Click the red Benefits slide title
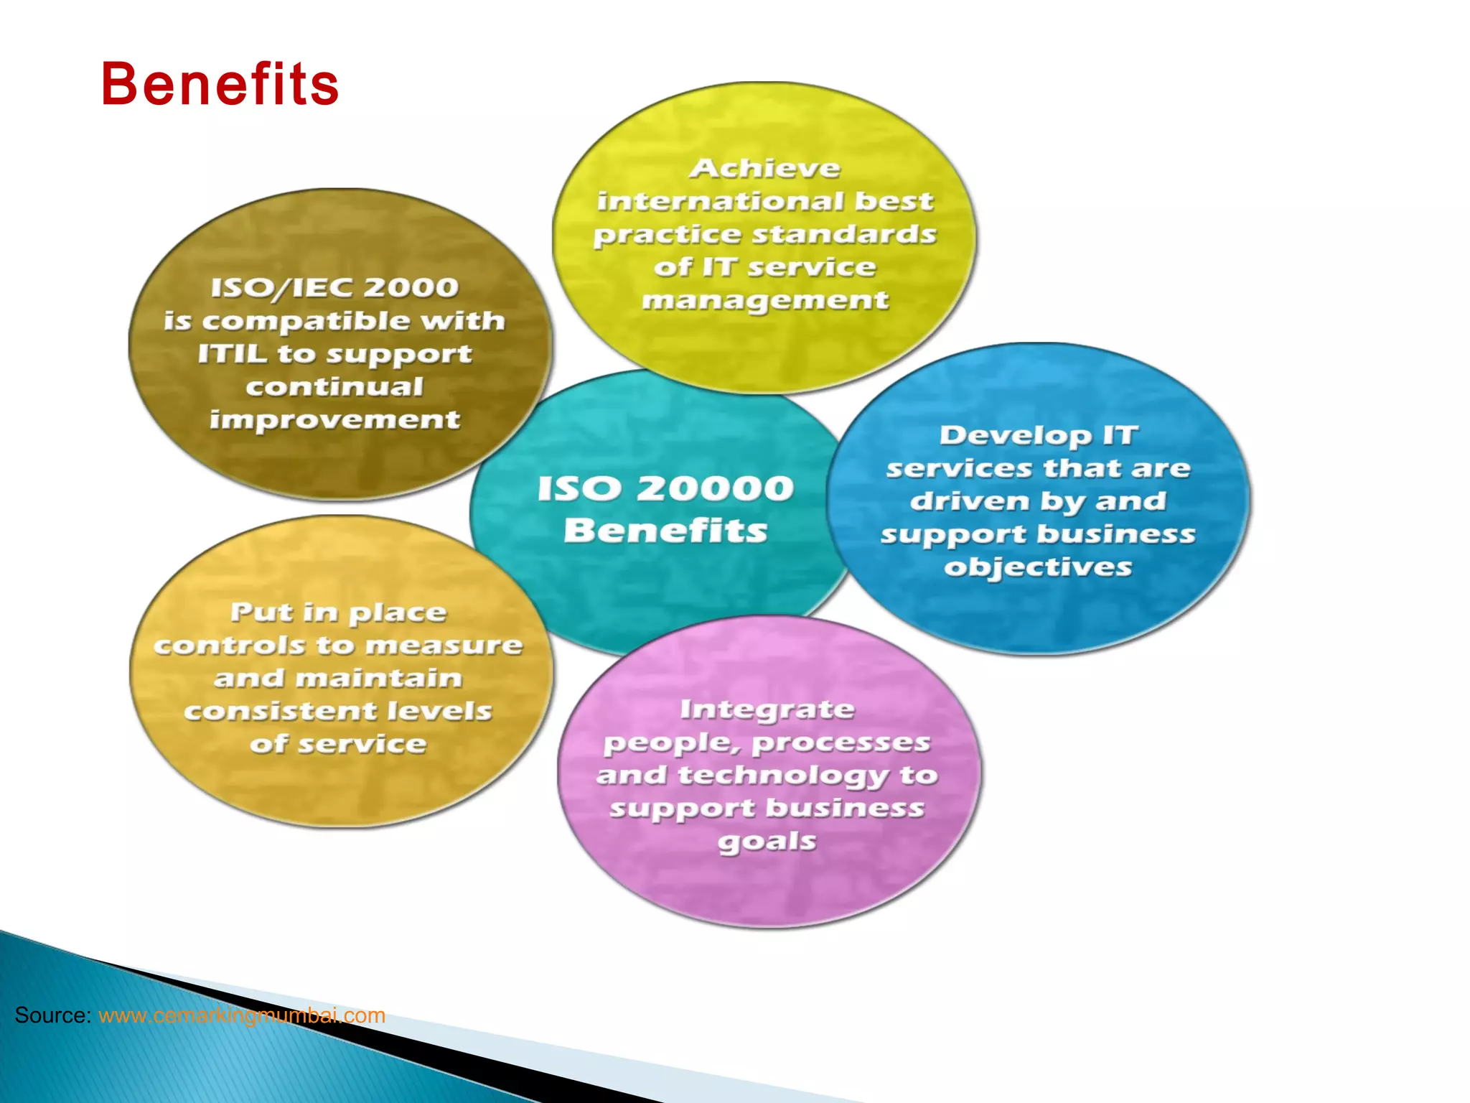tap(220, 84)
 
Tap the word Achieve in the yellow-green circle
tap(765, 168)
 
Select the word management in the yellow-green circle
tap(765, 300)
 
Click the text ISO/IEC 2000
tap(334, 287)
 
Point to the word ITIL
tap(233, 353)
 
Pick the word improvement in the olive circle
tap(334, 419)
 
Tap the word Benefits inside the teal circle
tap(666, 531)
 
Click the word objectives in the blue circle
tap(1038, 567)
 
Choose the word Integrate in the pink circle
tap(767, 709)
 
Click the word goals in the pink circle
tap(767, 842)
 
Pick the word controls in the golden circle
tap(230, 645)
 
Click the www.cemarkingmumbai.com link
tap(242, 1015)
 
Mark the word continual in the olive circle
tap(334, 386)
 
